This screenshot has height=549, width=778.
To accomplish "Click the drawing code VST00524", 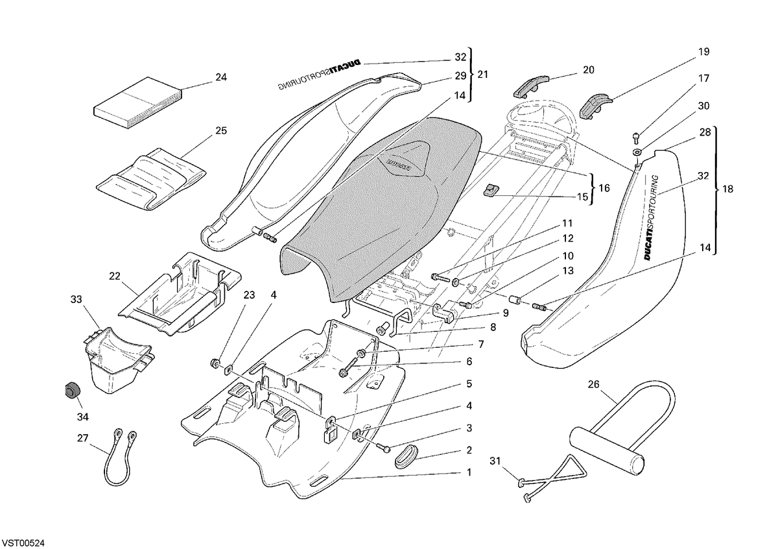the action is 23,543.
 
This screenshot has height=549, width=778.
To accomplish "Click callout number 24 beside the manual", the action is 221,77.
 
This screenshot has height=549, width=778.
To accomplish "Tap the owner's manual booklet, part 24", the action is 139,103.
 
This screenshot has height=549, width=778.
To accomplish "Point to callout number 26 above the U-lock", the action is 594,384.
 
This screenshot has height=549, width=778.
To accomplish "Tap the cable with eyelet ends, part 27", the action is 120,457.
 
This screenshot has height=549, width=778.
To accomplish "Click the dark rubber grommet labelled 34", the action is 72,389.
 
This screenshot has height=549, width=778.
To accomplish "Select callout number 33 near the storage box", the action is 76,299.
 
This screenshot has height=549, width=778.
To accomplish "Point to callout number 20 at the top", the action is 589,70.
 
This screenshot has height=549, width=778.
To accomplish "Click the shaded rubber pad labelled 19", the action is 596,106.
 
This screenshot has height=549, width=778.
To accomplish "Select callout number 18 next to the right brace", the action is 727,189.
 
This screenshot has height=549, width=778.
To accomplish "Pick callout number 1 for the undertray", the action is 469,472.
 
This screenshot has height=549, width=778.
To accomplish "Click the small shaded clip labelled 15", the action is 491,189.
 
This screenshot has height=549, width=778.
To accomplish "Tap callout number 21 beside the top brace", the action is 482,75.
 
